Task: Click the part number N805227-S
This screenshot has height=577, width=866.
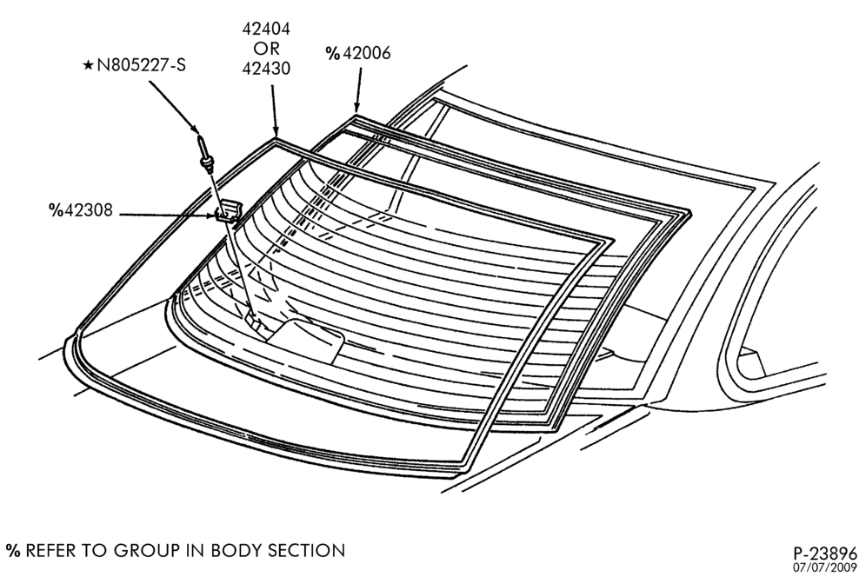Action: [x=142, y=66]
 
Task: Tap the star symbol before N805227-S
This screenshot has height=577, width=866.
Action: [x=88, y=66]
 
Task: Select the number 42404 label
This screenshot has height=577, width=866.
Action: [x=266, y=29]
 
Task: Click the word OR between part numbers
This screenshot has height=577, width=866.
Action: [x=267, y=49]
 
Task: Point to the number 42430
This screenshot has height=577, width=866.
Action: [x=266, y=69]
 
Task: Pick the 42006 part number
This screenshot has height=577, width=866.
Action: [x=366, y=53]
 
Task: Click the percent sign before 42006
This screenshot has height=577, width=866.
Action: [x=332, y=53]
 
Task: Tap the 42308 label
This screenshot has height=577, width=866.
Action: [x=89, y=209]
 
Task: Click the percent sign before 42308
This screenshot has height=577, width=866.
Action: [x=57, y=209]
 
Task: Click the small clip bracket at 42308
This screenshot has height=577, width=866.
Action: [x=228, y=211]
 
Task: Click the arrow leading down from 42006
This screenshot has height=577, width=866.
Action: [x=359, y=90]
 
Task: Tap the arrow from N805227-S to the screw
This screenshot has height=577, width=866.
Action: [x=173, y=107]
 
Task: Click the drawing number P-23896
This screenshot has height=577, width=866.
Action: [x=825, y=554]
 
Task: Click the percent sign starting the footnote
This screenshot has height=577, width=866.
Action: [x=13, y=551]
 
